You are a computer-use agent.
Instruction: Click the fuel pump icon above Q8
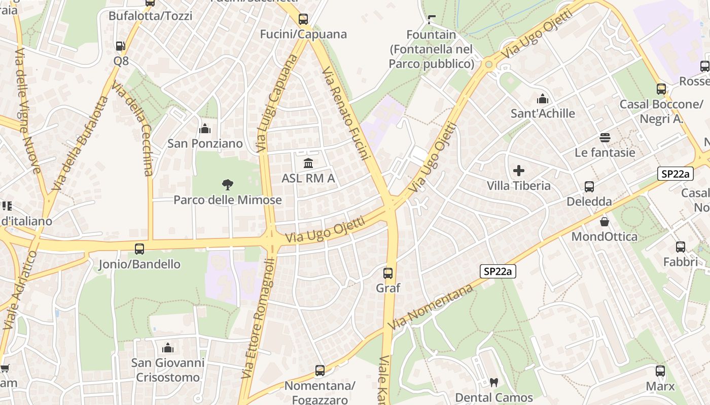pos(121,46)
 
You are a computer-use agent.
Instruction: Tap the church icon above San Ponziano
pos(205,129)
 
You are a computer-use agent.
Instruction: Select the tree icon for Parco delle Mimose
pos(228,185)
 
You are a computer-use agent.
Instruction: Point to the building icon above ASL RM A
pos(308,163)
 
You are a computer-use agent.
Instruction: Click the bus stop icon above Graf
pos(388,273)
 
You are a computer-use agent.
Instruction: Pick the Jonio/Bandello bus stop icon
pos(139,249)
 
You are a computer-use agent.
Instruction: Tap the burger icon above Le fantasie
pos(605,138)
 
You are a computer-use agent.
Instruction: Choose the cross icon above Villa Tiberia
pos(519,171)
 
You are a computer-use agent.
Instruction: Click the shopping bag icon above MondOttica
pos(605,222)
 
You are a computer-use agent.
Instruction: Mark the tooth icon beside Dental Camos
pos(494,383)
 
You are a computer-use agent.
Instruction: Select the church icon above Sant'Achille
pos(543,99)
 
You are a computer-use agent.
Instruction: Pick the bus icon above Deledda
pos(589,187)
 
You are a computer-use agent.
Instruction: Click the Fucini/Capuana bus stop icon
pos(303,19)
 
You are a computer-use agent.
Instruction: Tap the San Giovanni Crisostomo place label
pos(168,370)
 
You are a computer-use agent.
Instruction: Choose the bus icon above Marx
pos(660,371)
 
